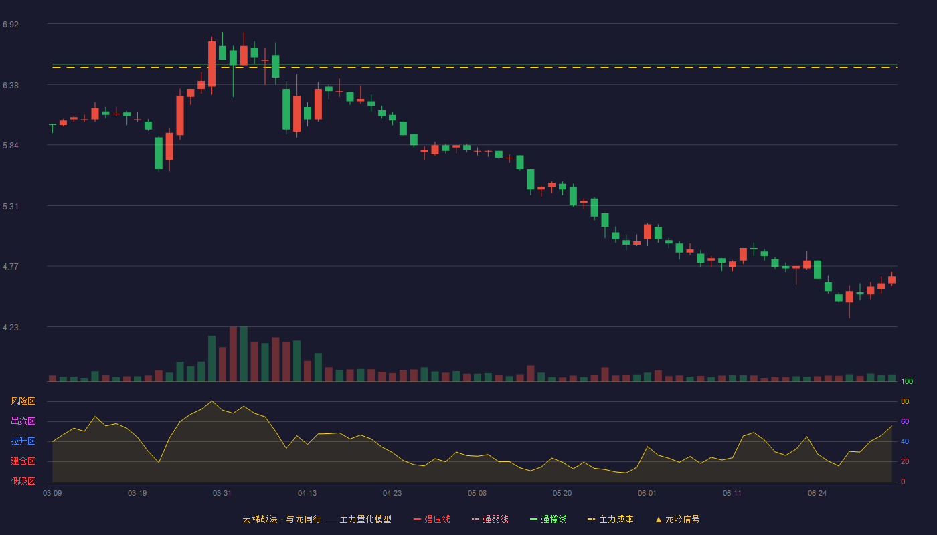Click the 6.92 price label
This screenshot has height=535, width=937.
tap(11, 25)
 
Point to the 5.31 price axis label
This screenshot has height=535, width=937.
tap(11, 207)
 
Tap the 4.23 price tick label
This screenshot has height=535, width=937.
tap(11, 328)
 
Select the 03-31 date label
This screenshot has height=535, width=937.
tap(222, 494)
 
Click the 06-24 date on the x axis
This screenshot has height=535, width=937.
tap(817, 494)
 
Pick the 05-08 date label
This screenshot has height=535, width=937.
tap(477, 494)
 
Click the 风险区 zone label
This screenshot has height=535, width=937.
tap(23, 401)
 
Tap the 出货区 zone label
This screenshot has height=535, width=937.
tap(23, 421)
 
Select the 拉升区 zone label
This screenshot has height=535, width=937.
tap(23, 441)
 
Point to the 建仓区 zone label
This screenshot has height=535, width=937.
tap(23, 461)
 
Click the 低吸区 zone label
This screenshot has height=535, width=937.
tap(23, 481)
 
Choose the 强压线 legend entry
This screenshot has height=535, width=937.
tap(432, 519)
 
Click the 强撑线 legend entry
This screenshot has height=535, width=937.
tap(548, 519)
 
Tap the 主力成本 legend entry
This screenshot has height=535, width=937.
tap(610, 519)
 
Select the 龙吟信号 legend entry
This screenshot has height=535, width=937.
tap(677, 519)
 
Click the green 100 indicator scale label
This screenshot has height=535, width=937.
tap(907, 382)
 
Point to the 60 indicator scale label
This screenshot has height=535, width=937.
tap(905, 421)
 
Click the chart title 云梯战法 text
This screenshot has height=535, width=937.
tap(260, 519)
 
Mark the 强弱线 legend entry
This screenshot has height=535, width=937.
tap(490, 519)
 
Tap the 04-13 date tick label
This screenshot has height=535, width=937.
tap(307, 494)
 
